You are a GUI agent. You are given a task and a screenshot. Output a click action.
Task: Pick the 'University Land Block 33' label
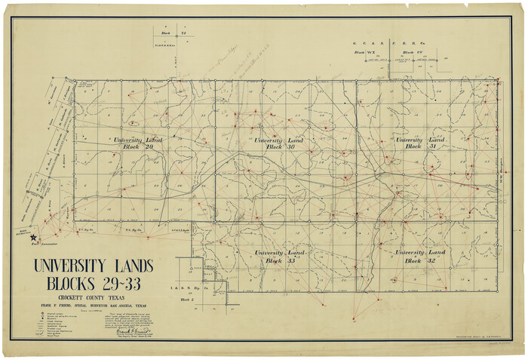click(x=278, y=257)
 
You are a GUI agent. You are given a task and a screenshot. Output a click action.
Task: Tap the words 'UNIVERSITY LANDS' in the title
click(x=92, y=266)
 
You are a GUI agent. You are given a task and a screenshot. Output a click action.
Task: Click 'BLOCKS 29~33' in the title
click(x=92, y=285)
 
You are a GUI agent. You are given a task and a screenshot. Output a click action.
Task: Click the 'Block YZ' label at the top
click(x=172, y=33)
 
